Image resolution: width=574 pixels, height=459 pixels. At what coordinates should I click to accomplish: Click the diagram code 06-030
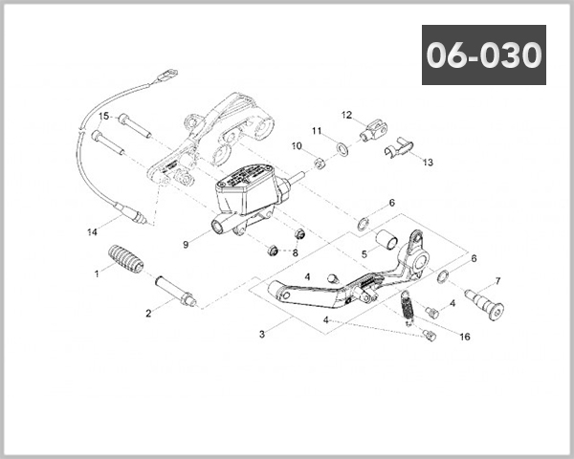[x=484, y=55]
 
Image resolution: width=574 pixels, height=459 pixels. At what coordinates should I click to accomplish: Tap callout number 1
[x=97, y=273]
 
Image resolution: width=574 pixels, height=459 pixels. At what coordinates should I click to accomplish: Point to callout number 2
[x=148, y=313]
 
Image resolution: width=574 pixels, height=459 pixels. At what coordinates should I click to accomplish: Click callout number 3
[x=261, y=336]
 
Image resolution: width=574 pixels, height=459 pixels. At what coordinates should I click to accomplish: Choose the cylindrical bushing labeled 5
[x=385, y=238]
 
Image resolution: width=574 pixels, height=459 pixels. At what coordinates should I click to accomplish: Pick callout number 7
[x=498, y=281]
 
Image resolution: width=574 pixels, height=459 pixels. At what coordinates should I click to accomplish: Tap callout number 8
[x=295, y=252]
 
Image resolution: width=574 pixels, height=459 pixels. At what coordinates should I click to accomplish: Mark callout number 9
[x=187, y=245]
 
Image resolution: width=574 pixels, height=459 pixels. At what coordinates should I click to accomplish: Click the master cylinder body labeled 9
[x=251, y=195]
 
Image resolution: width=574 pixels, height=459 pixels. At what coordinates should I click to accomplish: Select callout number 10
[x=297, y=146]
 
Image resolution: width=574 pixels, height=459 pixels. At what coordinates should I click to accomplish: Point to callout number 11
[x=317, y=130]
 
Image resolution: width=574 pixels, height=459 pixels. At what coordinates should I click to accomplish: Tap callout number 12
[x=347, y=115]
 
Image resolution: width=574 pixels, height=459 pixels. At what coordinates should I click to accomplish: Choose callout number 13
[x=427, y=163]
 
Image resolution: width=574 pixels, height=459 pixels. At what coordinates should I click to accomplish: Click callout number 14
[x=92, y=231]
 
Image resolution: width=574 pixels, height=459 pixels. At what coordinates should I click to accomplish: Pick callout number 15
[x=104, y=116]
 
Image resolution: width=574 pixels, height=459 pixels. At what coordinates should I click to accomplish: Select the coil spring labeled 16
[x=407, y=307]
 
